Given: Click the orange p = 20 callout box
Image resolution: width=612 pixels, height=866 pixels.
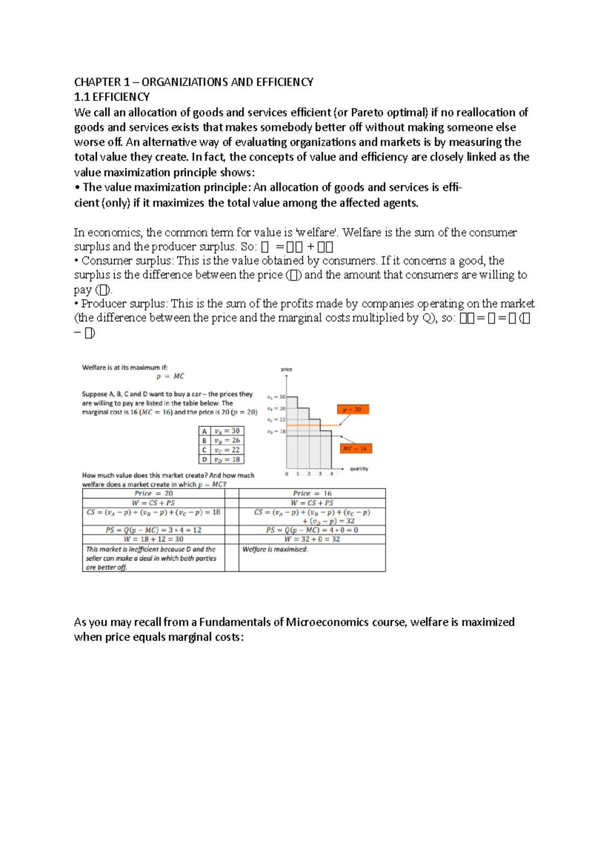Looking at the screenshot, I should [x=352, y=410].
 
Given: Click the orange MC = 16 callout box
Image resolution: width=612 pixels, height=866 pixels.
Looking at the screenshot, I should [x=355, y=448].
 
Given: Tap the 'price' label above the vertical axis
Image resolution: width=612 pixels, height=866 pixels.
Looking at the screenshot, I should [x=287, y=369].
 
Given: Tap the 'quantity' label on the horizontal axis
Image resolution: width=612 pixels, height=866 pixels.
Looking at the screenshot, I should [x=359, y=469].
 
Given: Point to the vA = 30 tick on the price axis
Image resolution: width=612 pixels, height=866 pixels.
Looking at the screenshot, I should [x=276, y=397].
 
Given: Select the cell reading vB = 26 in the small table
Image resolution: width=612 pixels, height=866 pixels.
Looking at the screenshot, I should [x=227, y=440].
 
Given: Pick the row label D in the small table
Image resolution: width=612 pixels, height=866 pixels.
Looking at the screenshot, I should [x=204, y=459].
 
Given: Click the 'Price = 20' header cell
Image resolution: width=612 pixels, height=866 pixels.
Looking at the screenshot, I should [x=154, y=493].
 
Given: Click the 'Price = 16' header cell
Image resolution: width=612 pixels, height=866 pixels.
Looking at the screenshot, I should [x=312, y=493].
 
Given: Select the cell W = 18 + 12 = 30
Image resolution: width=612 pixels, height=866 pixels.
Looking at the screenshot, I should [x=154, y=539].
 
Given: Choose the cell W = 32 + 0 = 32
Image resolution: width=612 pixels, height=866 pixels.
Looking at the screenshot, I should [x=312, y=539].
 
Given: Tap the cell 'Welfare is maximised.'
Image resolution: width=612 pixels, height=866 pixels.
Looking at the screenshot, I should [x=275, y=549].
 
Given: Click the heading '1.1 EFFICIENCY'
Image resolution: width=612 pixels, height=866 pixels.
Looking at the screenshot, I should [x=112, y=97].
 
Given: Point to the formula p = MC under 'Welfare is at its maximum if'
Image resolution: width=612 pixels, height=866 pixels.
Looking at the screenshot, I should [x=170, y=376].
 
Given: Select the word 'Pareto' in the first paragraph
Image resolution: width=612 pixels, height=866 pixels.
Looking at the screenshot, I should [x=367, y=112].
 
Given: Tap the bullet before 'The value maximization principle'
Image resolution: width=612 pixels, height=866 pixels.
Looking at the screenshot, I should [x=77, y=188].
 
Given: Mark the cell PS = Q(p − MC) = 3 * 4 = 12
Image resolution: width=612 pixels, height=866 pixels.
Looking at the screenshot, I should [x=154, y=530].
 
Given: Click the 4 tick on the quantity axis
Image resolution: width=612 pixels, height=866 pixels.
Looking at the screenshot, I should [x=331, y=474].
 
